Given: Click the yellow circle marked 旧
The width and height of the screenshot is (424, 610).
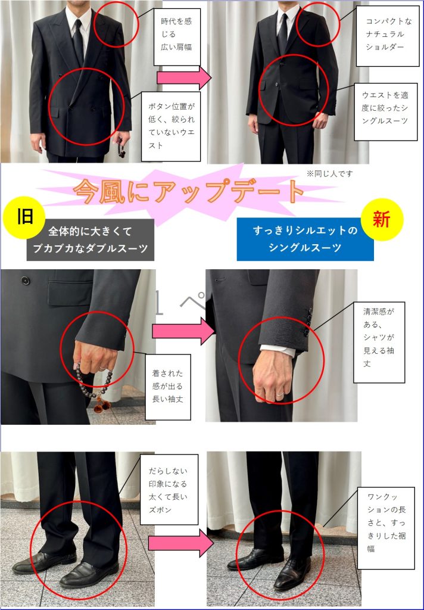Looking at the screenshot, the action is pos(24,217).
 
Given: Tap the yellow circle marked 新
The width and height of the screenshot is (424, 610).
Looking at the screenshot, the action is pos(382,219).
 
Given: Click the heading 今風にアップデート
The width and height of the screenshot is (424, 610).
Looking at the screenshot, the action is pos(188,191).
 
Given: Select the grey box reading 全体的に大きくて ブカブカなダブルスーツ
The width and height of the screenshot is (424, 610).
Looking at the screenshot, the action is pos(91,239).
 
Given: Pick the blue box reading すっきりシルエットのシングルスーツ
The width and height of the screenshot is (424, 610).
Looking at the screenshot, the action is pos(305,239).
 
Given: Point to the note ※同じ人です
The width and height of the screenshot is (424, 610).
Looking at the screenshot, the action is pos(329,174).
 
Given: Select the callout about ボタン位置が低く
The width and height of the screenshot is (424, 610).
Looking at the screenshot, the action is pos(171,126).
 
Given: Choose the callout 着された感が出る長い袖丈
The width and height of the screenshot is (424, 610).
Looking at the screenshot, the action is pos(168,387).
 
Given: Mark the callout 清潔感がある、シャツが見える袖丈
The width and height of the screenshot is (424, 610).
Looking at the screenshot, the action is pos(379,342).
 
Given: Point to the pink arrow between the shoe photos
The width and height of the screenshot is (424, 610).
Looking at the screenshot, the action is pos(181,543).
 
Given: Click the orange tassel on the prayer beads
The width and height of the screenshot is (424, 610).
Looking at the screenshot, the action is pos(102,404).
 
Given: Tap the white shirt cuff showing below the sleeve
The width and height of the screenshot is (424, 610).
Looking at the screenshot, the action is pos(278,350).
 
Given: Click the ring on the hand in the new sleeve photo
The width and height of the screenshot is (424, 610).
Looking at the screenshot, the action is pos(280,394).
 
